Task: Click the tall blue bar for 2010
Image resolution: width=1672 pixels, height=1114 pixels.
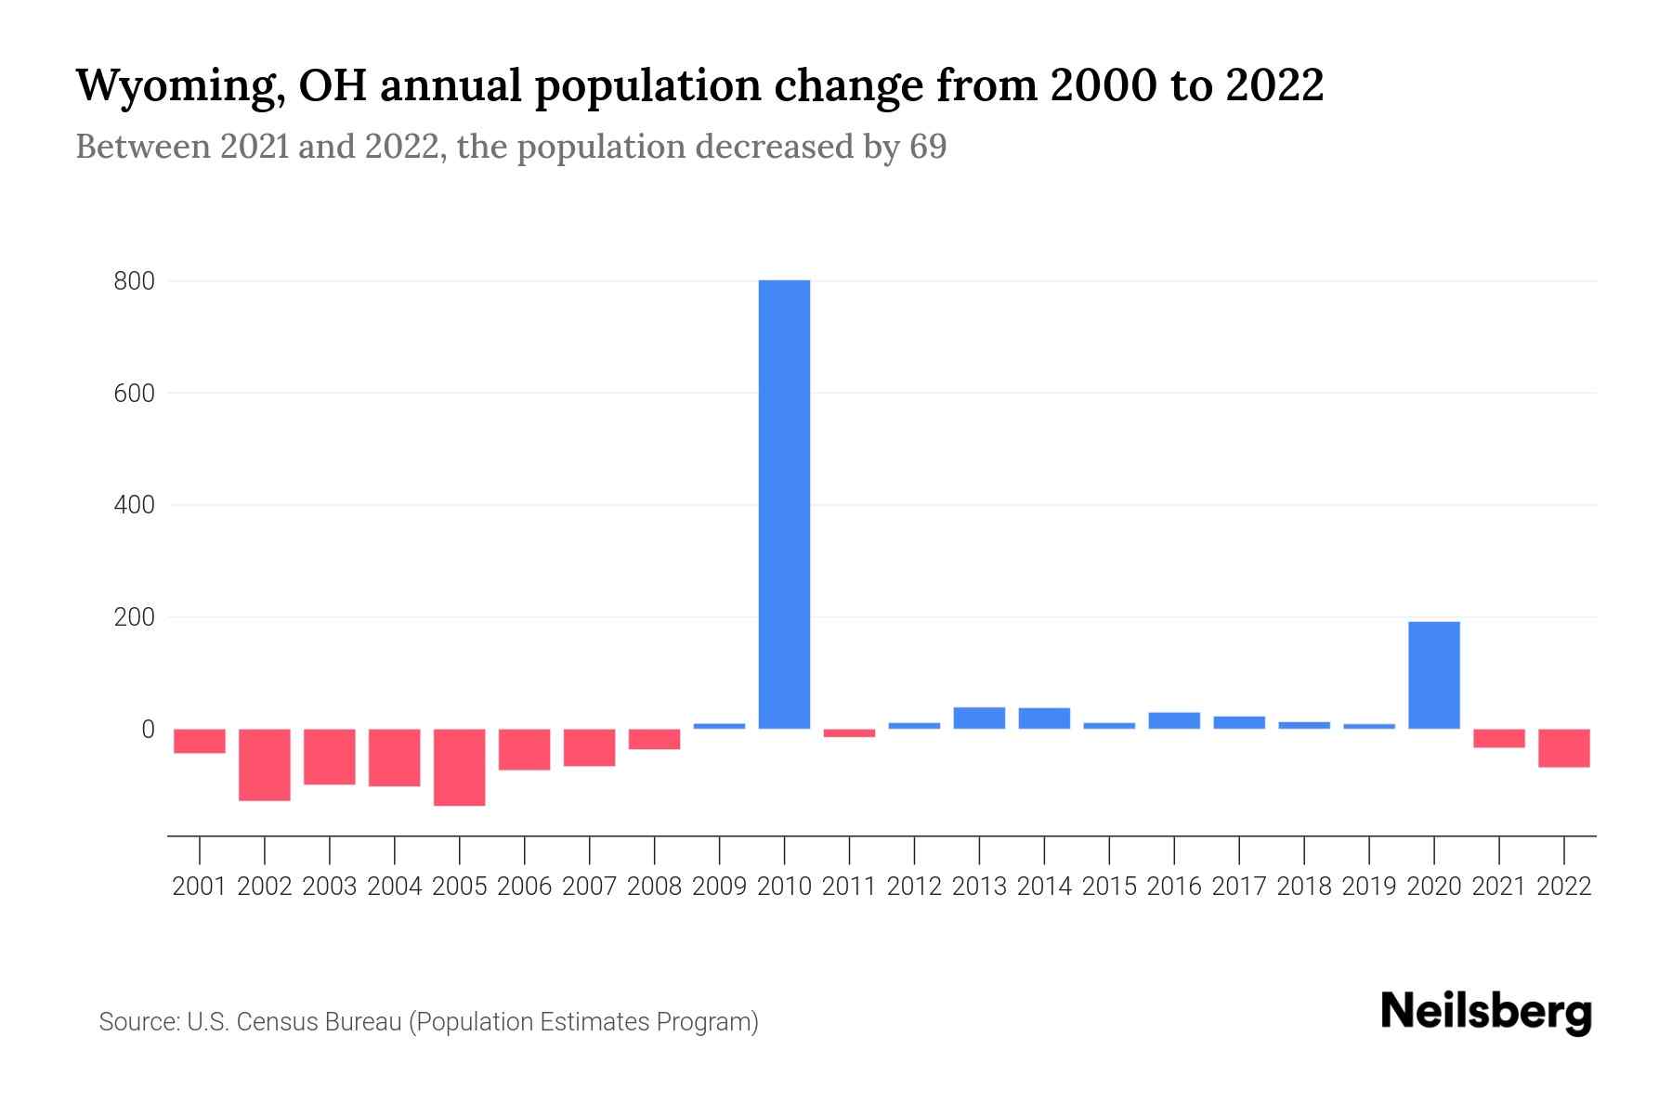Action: coord(784,504)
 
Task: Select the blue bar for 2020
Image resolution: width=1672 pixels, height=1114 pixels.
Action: coord(1433,675)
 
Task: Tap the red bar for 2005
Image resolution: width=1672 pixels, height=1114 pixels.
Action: coord(460,767)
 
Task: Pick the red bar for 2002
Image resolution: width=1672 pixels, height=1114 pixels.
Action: coord(265,764)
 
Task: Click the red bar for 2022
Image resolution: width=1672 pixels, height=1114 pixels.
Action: coord(1563,747)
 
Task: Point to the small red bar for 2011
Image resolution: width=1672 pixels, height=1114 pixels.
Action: coord(849,733)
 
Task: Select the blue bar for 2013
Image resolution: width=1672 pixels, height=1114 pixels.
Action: coord(979,718)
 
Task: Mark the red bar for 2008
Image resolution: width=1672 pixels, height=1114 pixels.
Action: coord(655,739)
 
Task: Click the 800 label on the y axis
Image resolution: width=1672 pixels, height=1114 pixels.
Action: coord(134,281)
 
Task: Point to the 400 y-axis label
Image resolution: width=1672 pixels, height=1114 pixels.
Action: coord(134,506)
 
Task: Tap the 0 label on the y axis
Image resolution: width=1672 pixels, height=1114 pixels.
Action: coord(148,730)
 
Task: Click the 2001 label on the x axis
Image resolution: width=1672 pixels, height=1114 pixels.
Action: coord(200,887)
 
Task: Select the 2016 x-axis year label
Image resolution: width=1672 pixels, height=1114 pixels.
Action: coord(1174,887)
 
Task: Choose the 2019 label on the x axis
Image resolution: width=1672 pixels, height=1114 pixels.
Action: coord(1369,887)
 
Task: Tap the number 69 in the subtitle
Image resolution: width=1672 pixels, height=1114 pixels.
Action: coord(927,147)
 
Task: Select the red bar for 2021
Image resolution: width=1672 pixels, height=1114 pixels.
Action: coord(1498,738)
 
